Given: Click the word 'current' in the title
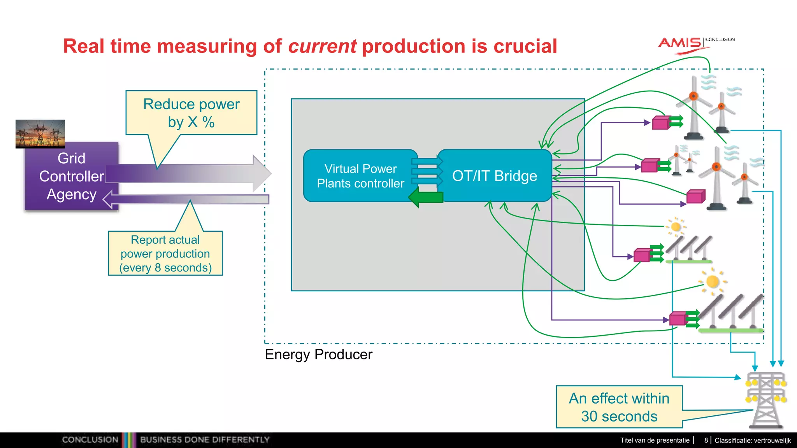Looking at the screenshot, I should point(322,46).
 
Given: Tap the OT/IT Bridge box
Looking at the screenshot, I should point(494,176).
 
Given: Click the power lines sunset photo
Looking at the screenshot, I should point(40,133).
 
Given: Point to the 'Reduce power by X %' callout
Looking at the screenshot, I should point(191,113).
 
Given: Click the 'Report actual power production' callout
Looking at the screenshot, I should point(165,254).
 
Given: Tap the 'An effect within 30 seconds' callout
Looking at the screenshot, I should point(619,407).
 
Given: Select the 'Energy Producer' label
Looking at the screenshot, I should point(318,355).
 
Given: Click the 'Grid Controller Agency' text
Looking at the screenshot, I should point(72,176).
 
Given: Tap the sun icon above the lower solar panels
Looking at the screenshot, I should point(712,281).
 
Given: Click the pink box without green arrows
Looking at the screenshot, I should point(695,197).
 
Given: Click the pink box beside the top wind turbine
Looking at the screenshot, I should point(660,123).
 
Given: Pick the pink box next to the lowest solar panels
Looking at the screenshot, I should point(678,319).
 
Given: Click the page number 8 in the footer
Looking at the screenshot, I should point(706,440).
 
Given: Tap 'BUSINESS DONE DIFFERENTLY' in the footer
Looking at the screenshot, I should point(205,440).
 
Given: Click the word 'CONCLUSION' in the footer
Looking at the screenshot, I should point(90,440).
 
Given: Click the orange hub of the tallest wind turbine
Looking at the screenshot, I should point(693,96).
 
